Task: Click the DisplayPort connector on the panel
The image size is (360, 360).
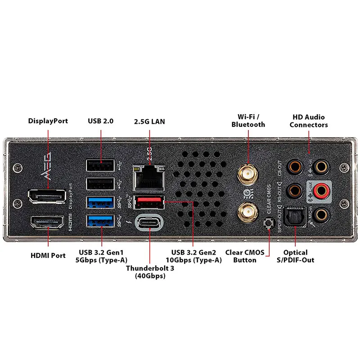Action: pos(47,197)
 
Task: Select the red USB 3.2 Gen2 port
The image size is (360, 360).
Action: pos(148,201)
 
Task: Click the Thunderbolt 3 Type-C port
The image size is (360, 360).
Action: pos(148,223)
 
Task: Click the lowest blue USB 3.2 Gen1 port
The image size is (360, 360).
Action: pos(101,220)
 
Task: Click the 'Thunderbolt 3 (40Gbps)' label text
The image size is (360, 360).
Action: pos(150,272)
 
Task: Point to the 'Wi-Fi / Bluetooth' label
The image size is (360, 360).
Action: pos(248,121)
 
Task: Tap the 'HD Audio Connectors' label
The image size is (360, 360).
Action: pos(309,121)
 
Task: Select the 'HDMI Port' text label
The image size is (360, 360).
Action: pos(48,255)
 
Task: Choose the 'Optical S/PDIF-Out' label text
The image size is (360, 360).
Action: pos(296,256)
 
